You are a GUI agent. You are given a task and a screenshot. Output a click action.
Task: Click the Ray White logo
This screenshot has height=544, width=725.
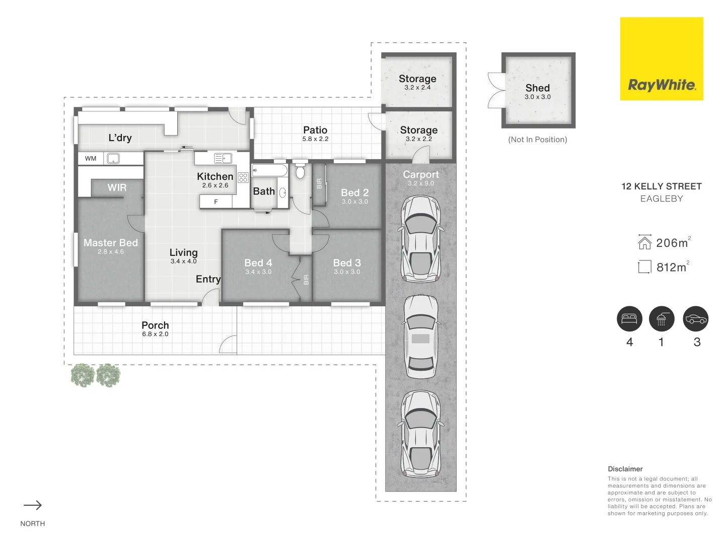point(661,58)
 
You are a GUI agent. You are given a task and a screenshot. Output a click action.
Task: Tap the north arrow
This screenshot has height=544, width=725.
point(33,505)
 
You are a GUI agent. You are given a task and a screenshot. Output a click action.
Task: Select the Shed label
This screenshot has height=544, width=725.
point(537,88)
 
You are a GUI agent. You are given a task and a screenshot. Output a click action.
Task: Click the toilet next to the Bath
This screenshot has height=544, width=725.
point(300,170)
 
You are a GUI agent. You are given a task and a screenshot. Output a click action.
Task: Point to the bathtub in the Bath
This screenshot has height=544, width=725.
point(269,170)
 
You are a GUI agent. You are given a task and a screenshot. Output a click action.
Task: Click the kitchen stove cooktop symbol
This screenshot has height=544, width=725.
point(243,177)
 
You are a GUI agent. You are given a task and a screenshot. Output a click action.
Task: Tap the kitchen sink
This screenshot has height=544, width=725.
point(223,158)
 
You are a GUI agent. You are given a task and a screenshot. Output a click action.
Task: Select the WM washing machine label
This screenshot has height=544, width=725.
point(91,159)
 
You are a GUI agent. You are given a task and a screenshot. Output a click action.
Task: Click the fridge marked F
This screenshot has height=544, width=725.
point(215,202)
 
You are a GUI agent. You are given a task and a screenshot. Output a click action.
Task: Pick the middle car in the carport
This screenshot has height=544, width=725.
point(421,336)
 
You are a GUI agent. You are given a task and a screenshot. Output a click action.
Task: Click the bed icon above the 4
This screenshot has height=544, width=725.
point(629,319)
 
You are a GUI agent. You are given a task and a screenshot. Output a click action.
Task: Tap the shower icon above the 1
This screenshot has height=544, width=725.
point(661,319)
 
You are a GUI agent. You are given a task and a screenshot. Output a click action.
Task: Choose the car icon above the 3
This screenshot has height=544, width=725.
point(696,319)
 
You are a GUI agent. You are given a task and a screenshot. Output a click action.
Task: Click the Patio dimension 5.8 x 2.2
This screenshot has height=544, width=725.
point(315,139)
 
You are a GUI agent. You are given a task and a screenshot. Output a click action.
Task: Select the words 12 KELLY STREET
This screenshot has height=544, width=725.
point(662,186)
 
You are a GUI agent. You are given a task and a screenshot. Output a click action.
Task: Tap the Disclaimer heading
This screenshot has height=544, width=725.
point(625,469)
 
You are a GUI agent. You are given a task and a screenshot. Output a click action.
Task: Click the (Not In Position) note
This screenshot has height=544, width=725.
point(537,140)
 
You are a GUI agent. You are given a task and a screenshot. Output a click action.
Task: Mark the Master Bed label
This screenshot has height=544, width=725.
point(111,243)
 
